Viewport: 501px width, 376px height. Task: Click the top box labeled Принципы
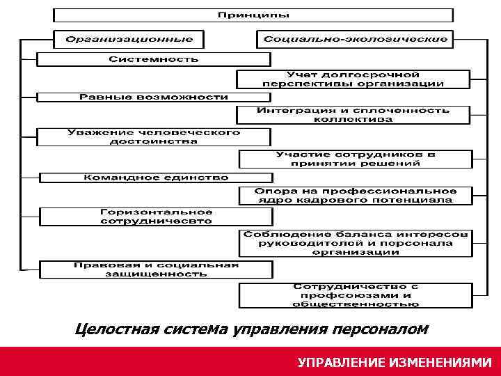[253, 15]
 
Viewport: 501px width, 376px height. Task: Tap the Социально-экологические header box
[356, 38]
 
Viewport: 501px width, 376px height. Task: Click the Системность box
[154, 58]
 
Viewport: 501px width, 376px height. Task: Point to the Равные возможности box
[154, 97]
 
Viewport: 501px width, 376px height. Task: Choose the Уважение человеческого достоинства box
[154, 136]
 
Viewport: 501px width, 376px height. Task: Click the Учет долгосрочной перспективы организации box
[353, 79]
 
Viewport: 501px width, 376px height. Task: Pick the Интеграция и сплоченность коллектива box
[353, 115]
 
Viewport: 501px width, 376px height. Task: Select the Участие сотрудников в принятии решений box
[355, 159]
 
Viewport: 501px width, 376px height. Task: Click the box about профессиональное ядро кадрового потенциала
[355, 195]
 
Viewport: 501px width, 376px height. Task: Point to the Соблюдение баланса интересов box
[356, 243]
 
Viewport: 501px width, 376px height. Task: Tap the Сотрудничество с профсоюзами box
[356, 295]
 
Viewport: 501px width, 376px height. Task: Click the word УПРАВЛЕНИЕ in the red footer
[341, 363]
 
